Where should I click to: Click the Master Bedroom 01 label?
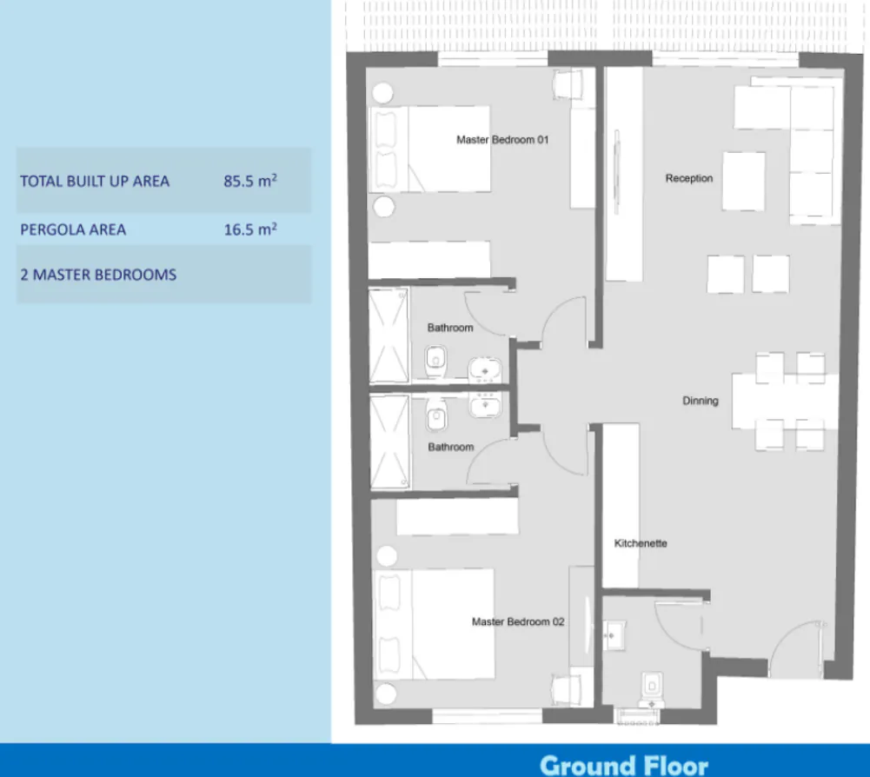pos(502,139)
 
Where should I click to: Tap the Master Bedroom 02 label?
pos(518,621)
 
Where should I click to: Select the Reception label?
pos(688,178)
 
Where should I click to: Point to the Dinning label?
pos(700,401)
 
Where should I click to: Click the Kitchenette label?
pos(641,543)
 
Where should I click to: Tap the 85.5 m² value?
pos(250,181)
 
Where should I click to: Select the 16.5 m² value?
pos(250,229)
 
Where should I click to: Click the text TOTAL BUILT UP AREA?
pos(95,181)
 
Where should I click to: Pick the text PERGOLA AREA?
pos(73,229)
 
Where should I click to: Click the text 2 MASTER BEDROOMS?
pos(98,275)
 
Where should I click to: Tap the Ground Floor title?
pos(624,765)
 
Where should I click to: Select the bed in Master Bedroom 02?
pos(434,623)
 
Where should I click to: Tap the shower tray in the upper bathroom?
pos(389,335)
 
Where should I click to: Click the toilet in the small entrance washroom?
pos(650,686)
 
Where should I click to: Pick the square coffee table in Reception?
pos(743,181)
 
